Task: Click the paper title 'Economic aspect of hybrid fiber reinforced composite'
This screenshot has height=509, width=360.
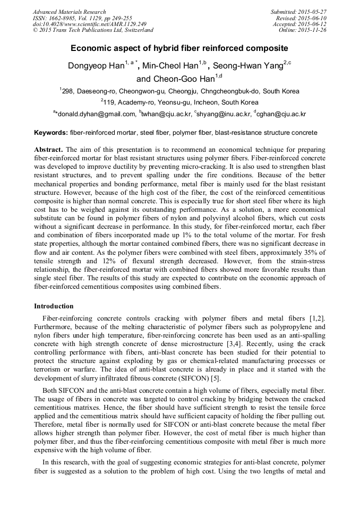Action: [179, 48]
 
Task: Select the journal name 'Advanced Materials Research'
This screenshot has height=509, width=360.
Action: [69, 12]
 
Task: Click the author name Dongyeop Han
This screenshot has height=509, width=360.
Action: [95, 66]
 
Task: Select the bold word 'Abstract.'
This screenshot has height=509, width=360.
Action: [49, 150]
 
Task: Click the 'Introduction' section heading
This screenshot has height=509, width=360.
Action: [54, 306]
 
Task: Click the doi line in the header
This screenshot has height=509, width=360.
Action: [90, 24]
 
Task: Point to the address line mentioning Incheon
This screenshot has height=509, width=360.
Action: [179, 102]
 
